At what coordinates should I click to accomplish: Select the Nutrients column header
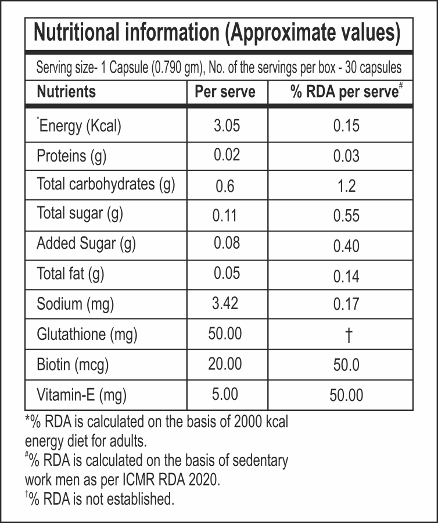pos(66,92)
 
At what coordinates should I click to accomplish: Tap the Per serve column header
pos(225,92)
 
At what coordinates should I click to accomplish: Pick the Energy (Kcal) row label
pos(79,126)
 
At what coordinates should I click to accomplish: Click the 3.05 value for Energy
pos(226,126)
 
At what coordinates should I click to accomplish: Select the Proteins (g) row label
pos(71,156)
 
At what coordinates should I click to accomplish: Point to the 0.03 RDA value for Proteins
pos(346,156)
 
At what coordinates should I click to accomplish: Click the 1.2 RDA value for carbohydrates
pos(346,186)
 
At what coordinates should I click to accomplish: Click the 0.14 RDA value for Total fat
pos(346,275)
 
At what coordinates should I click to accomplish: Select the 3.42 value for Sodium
pos(226,303)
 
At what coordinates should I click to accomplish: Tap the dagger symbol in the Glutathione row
pos(346,335)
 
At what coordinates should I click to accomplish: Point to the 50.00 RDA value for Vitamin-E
pos(346,395)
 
